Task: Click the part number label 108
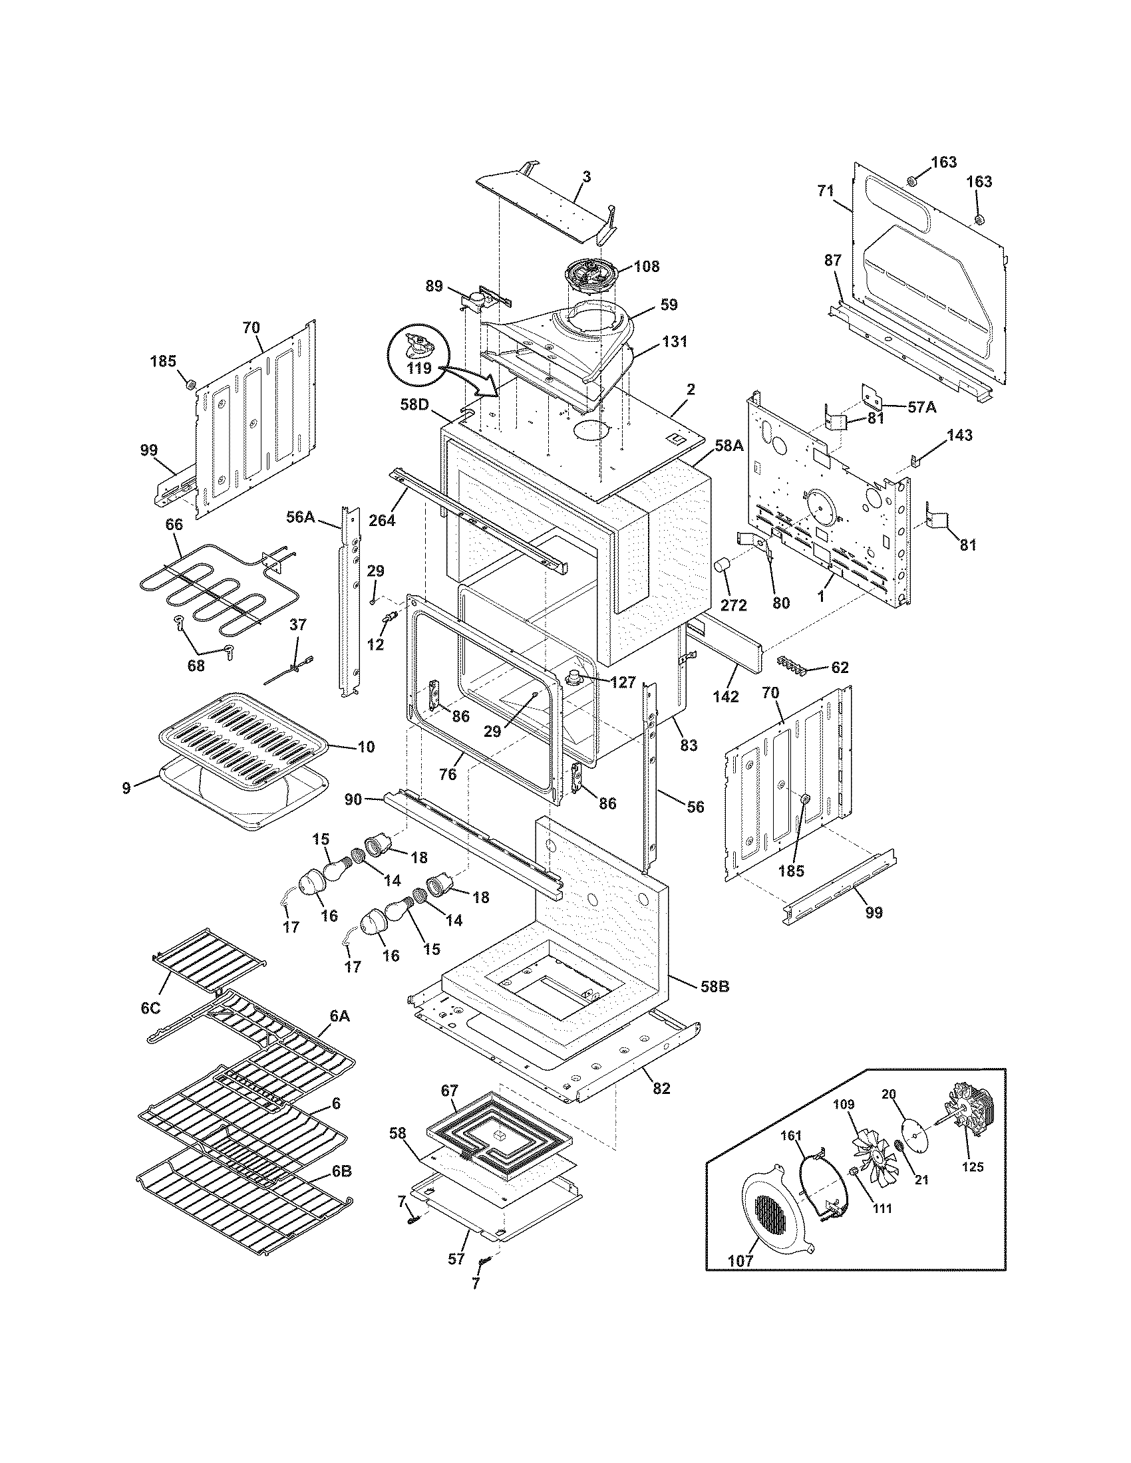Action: pos(646,267)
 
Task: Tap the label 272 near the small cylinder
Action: pos(733,605)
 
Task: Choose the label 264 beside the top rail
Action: pos(382,519)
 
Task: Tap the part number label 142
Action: pos(725,697)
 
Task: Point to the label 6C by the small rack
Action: pos(150,1027)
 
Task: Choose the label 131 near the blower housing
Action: pos(675,342)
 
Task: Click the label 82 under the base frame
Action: pos(661,1089)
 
